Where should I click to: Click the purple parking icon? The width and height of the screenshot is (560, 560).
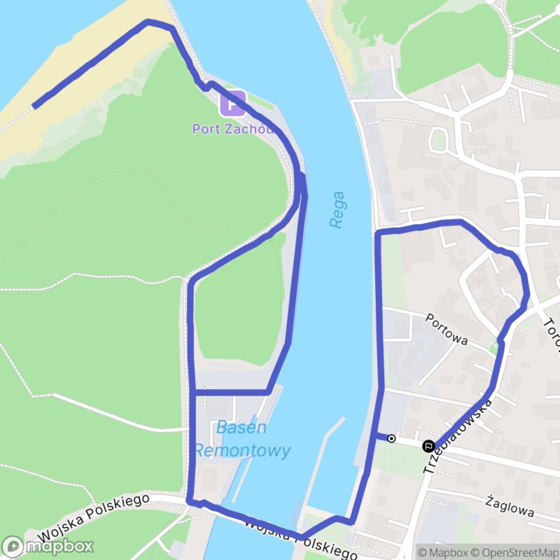232,104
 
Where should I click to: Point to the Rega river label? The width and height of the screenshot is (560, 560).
338,209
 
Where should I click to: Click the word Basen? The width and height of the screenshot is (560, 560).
241,428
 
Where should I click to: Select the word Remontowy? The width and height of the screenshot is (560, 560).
241,451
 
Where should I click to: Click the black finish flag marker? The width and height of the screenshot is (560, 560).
427,445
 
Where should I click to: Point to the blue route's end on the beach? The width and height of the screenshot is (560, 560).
34,106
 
